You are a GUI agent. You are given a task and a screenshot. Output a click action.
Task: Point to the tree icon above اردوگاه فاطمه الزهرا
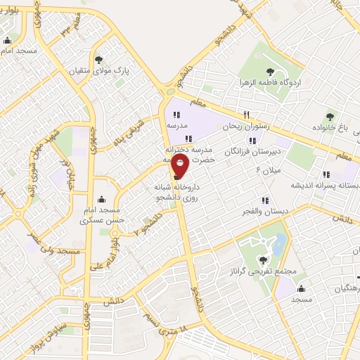270,70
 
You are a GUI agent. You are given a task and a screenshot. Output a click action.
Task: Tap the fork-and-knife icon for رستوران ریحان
246,115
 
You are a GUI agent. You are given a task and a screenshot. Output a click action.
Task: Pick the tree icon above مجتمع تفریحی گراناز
264,259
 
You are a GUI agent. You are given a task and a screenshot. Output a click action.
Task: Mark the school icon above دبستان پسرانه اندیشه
325,174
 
